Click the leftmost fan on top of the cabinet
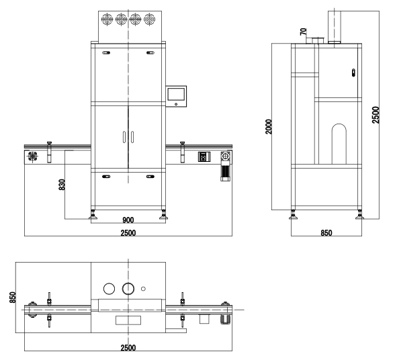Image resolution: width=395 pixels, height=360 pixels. [x=107, y=19]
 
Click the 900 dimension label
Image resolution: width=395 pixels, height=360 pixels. [x=128, y=220]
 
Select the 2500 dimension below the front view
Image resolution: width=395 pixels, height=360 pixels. [x=128, y=232]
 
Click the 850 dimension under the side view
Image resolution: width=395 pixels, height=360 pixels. [x=326, y=232]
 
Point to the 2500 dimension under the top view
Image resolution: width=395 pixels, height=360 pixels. [x=128, y=347]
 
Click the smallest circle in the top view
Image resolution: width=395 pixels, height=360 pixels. [x=144, y=289]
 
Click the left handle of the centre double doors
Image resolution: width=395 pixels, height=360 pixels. [x=124, y=136]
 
